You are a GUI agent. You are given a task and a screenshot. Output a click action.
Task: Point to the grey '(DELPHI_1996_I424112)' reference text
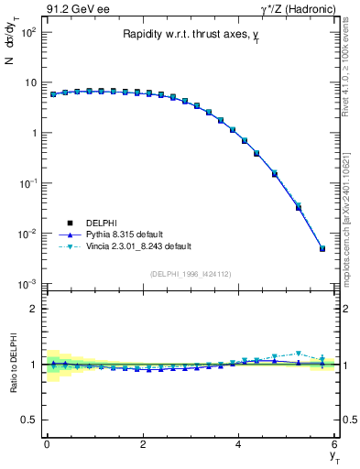pos(190,273)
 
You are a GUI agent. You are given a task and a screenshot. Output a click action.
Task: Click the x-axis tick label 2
pos(143,444)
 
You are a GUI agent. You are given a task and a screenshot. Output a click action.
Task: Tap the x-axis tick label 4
pos(238,444)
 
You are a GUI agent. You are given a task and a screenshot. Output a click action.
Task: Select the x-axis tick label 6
pos(334,444)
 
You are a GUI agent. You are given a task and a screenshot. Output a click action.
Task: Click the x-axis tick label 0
pos(47,444)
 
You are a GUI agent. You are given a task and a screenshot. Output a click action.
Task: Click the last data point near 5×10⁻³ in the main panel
pos(322,248)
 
